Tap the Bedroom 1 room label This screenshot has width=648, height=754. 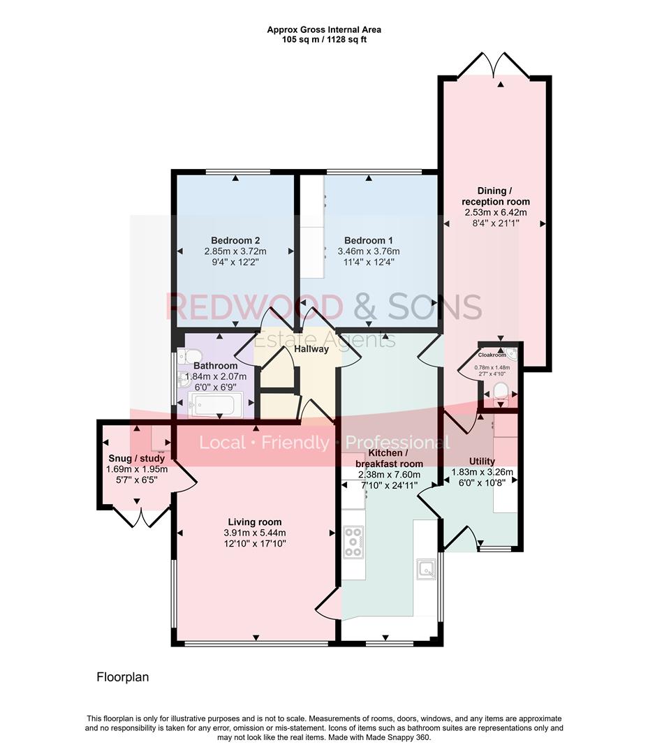point(368,239)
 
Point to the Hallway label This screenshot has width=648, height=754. point(311,348)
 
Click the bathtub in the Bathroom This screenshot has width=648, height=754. point(216,404)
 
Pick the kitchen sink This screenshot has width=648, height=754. point(425,570)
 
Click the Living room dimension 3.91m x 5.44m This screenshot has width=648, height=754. point(255,533)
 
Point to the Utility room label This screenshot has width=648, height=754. point(482,461)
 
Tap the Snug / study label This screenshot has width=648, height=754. point(136,459)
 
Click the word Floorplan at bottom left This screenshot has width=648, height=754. point(122,677)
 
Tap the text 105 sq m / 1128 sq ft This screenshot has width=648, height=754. point(323,40)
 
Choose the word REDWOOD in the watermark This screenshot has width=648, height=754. point(254,307)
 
